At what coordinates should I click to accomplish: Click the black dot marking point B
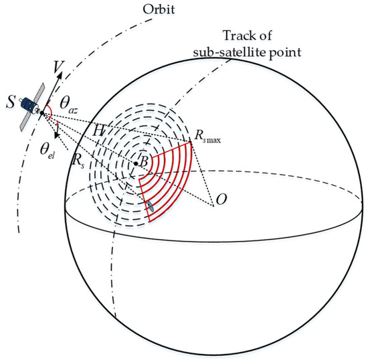[136, 163]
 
